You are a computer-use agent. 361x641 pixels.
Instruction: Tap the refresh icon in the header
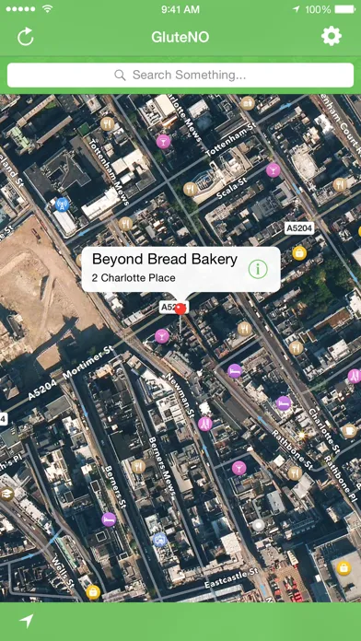(26, 37)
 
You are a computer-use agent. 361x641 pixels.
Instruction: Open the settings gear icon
(331, 37)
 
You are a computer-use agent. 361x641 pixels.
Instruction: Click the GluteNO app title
(180, 37)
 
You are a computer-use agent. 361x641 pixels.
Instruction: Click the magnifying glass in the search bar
(120, 75)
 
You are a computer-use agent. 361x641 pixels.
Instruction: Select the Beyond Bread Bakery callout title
(165, 260)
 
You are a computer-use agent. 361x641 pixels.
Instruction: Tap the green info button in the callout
(258, 269)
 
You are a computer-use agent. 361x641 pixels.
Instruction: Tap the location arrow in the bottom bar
(26, 622)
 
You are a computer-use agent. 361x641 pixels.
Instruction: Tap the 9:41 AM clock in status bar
(180, 9)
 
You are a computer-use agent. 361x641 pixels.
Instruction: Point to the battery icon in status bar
(345, 9)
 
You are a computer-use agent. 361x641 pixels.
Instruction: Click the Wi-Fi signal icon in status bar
(47, 9)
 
